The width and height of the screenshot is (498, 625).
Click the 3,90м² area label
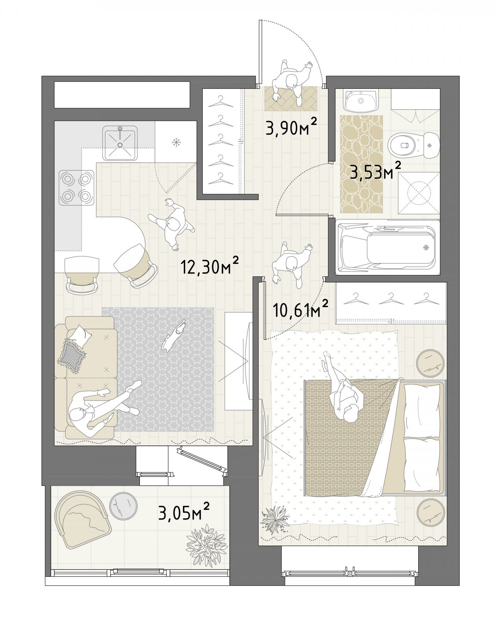click(291, 127)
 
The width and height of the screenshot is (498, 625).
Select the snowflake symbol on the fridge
click(176, 142)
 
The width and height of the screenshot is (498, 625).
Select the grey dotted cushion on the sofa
click(72, 356)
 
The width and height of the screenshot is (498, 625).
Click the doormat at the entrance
click(291, 98)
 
